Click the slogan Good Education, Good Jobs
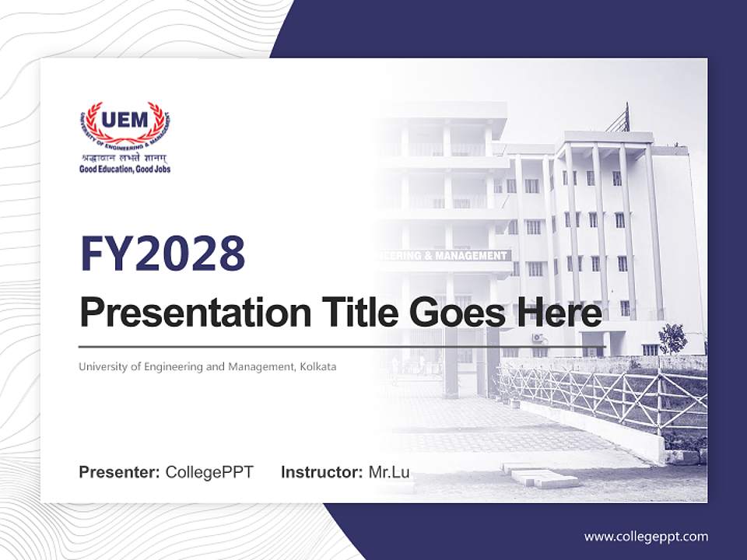pyautogui.click(x=124, y=169)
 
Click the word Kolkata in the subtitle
pyautogui.click(x=318, y=366)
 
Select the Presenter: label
pyautogui.click(x=119, y=472)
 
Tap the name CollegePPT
pyautogui.click(x=209, y=472)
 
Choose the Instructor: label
pyautogui.click(x=321, y=472)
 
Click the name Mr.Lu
pyautogui.click(x=389, y=472)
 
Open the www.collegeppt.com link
pyautogui.click(x=646, y=536)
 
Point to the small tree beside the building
pyautogui.click(x=673, y=338)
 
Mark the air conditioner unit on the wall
pyautogui.click(x=538, y=338)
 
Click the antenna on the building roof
pyautogui.click(x=620, y=118)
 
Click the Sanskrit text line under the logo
pyautogui.click(x=124, y=158)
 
